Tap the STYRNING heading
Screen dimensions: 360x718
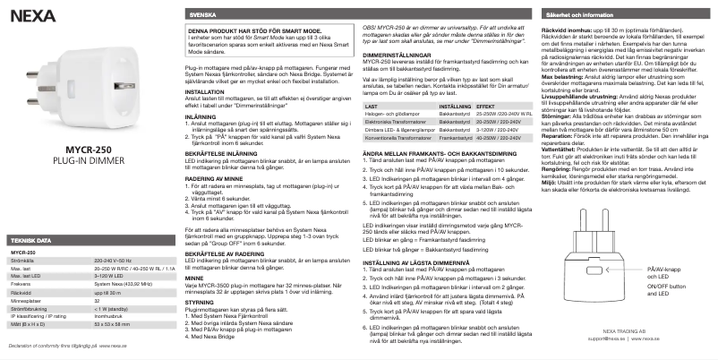coord(199,303)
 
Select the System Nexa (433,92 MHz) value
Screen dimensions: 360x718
coord(124,284)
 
